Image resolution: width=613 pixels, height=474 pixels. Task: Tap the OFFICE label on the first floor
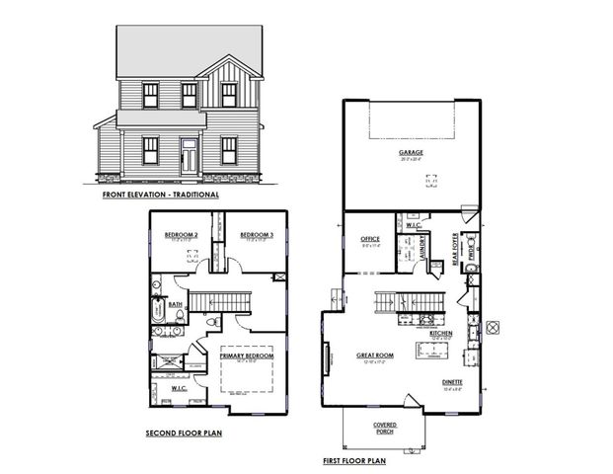click(x=371, y=238)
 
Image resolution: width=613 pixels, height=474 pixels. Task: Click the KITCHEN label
click(x=441, y=333)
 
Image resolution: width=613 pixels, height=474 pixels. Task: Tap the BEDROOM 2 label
click(x=182, y=234)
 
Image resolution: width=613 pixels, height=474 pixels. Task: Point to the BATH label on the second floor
click(x=175, y=305)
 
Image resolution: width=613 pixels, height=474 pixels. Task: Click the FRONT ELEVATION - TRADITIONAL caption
click(x=160, y=195)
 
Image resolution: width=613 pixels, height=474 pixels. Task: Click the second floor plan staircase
click(x=220, y=299)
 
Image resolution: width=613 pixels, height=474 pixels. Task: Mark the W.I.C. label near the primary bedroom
click(x=180, y=388)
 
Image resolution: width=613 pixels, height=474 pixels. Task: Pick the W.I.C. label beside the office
click(x=414, y=225)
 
